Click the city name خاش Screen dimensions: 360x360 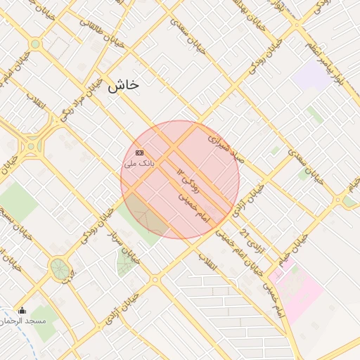pyautogui.click(x=124, y=86)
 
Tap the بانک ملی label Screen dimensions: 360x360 pyautogui.click(x=139, y=163)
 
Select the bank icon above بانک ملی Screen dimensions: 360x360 pyautogui.click(x=139, y=153)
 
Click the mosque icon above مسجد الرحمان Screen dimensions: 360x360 pyautogui.click(x=22, y=311)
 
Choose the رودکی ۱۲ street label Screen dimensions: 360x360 pyautogui.click(x=188, y=181)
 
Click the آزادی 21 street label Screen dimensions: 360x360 pyautogui.click(x=251, y=241)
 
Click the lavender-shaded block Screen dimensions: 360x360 pyautogui.click(x=312, y=75)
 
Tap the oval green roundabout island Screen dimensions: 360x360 pyautogui.click(x=59, y=269)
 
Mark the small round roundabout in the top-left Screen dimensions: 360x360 pyautogui.click(x=35, y=44)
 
